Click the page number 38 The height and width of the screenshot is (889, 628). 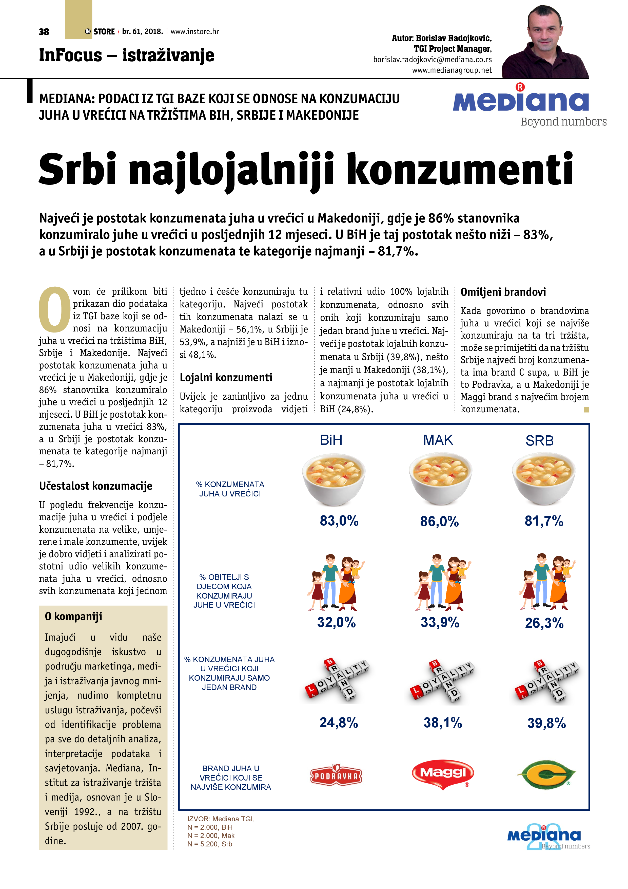[x=44, y=32]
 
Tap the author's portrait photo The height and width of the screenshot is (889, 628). [x=545, y=43]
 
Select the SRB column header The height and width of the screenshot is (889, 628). [x=539, y=441]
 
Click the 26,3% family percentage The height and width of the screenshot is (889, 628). [x=544, y=623]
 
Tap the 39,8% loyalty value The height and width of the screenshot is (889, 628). [x=546, y=723]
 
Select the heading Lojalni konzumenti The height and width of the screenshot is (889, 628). [x=226, y=378]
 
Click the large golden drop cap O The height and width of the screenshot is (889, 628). [x=54, y=310]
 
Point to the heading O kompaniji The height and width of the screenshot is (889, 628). [x=73, y=616]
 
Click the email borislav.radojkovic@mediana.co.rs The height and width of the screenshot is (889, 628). [x=432, y=60]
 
